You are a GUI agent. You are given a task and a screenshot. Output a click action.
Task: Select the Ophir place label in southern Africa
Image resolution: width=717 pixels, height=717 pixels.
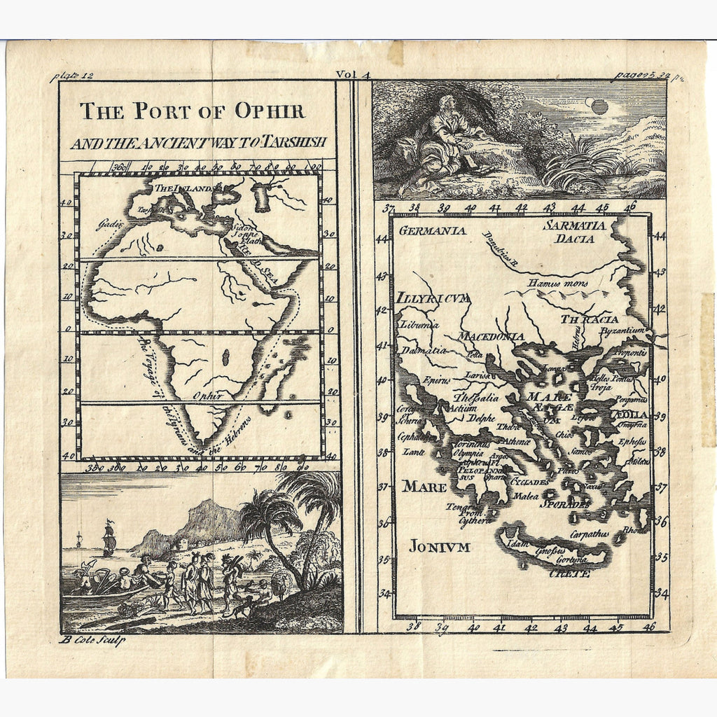point(207,396)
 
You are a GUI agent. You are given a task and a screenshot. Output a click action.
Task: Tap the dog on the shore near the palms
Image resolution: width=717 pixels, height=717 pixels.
point(242,606)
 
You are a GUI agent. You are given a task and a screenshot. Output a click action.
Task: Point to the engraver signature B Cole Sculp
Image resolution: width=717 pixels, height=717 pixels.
point(93,640)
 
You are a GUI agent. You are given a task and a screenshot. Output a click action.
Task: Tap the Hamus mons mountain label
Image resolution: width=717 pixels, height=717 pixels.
point(557,284)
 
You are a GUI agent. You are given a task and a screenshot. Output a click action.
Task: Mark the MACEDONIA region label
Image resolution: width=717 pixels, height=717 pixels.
point(491,337)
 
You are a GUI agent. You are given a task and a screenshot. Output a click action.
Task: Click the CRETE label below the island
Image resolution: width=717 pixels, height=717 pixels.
point(569,573)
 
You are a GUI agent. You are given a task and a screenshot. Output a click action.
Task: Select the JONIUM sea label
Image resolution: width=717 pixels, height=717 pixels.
point(439,546)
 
